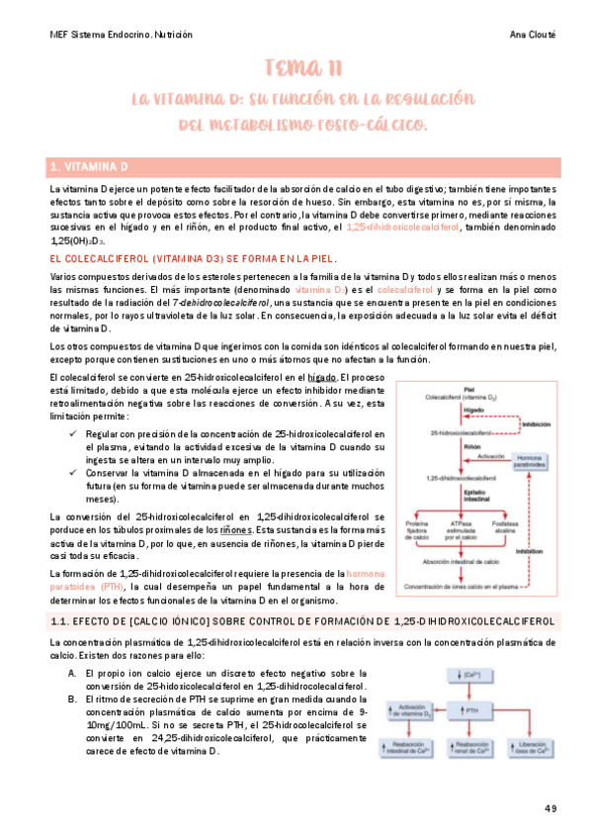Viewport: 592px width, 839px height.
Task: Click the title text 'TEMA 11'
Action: point(303,68)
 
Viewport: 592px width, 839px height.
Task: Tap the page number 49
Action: point(550,808)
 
